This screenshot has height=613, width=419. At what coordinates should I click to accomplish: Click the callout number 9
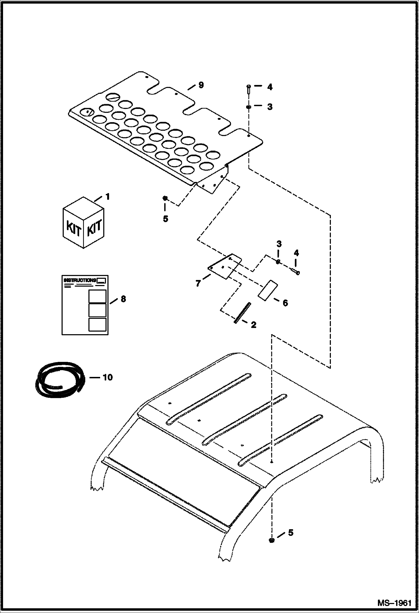coord(201,85)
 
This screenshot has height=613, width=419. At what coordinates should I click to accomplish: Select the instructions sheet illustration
coord(85,305)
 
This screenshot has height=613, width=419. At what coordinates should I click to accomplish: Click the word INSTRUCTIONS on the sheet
coord(80,280)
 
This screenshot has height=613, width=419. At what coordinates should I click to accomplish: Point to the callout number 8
coord(123,299)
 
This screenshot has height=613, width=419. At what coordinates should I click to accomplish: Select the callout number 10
coord(107,377)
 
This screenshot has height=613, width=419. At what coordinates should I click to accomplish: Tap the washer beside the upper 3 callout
coord(248,107)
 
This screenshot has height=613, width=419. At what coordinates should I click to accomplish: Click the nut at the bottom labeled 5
coord(271,541)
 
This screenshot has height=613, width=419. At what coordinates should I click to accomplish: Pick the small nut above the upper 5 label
coord(165,198)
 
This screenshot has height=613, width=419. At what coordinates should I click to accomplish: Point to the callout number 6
coord(285,303)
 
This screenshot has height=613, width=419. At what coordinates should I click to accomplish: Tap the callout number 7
coord(198,284)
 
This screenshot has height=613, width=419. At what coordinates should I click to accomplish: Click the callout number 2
coord(253,325)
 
